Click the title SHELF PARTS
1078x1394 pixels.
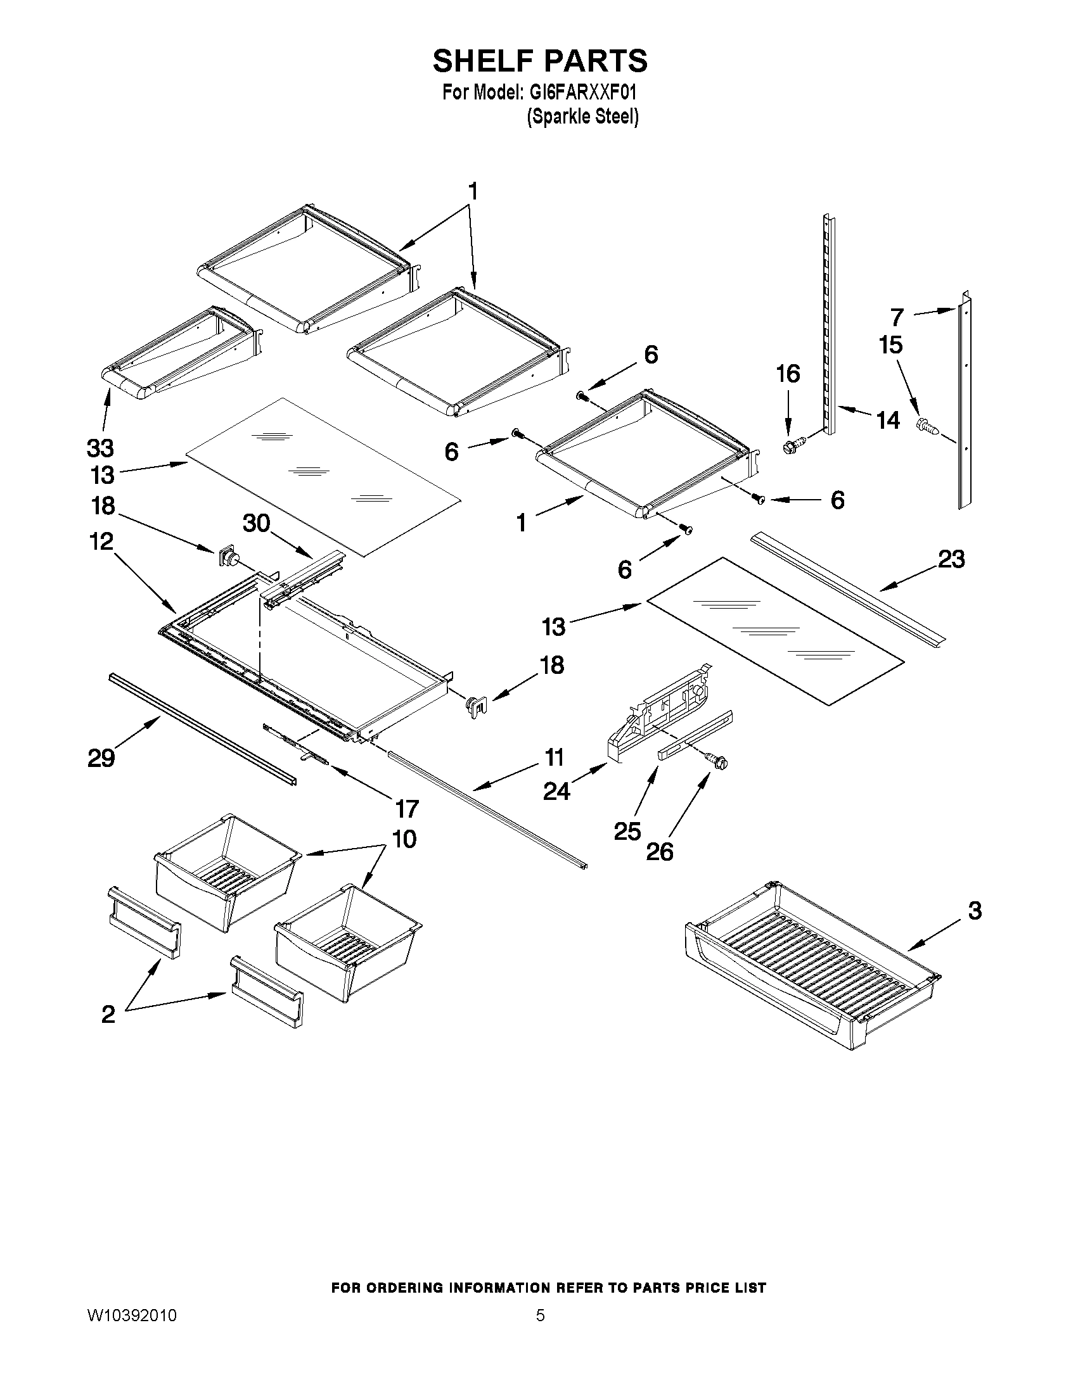(x=540, y=61)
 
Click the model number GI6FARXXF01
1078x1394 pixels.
(x=582, y=93)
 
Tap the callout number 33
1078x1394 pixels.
(x=100, y=448)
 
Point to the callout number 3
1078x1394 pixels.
(x=975, y=910)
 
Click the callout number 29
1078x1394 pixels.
(x=101, y=758)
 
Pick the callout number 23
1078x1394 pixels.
(x=951, y=559)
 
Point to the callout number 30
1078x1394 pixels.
(x=257, y=523)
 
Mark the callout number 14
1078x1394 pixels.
(x=888, y=421)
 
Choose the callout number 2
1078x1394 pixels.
(x=108, y=1014)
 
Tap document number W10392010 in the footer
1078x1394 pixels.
(x=132, y=1316)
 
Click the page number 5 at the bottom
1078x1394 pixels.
(x=541, y=1315)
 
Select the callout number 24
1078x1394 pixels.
(x=556, y=792)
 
